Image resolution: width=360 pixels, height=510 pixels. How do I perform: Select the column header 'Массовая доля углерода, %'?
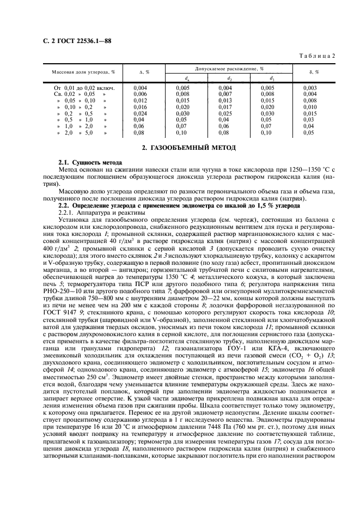pos(80,72)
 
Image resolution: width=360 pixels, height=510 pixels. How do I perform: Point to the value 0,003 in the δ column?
pos(309,88)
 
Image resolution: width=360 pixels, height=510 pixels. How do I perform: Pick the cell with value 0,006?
pos(140,94)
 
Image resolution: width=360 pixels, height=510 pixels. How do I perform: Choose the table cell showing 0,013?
pos(225,100)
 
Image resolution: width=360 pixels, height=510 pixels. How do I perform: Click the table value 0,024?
pos(140,113)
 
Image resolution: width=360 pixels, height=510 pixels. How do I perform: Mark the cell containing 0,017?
pos(225,107)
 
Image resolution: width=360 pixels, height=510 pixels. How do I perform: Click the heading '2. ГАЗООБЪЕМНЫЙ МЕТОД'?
pos(180,148)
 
